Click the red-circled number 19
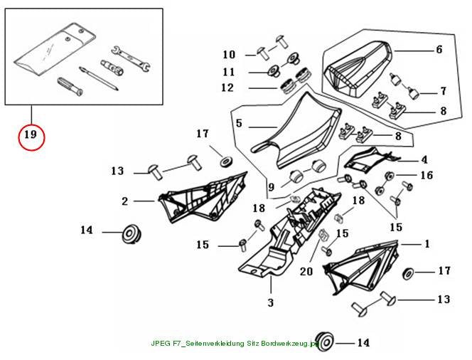click(x=31, y=134)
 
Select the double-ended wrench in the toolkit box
click(x=132, y=59)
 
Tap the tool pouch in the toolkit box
click(x=55, y=48)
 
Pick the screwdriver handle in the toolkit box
click(x=70, y=86)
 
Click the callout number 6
click(x=439, y=49)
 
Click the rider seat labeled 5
click(x=296, y=129)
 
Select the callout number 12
click(x=227, y=88)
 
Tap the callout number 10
click(x=229, y=55)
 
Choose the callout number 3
click(x=271, y=302)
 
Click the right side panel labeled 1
click(x=360, y=267)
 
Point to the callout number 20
click(x=306, y=272)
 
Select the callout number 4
click(x=424, y=159)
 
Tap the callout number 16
click(x=427, y=175)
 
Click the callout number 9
click(x=272, y=187)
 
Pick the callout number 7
click(x=443, y=91)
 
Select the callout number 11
click(x=229, y=72)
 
